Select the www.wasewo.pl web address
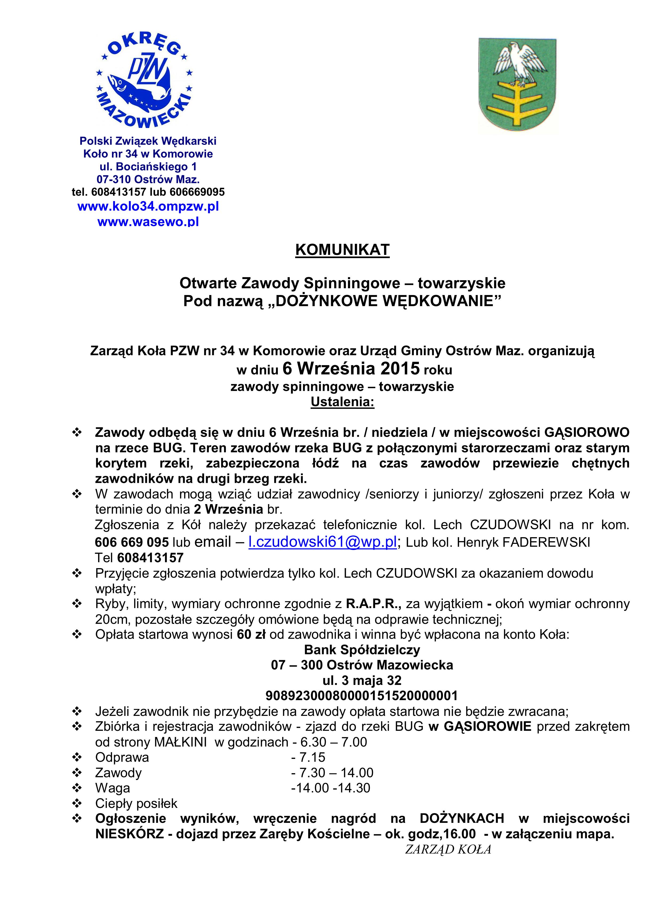148,222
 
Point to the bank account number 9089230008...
361,695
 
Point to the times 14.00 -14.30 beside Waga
331,788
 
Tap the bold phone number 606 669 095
132,542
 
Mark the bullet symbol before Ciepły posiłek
77,803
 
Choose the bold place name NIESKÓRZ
129,834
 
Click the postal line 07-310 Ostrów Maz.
148,179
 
